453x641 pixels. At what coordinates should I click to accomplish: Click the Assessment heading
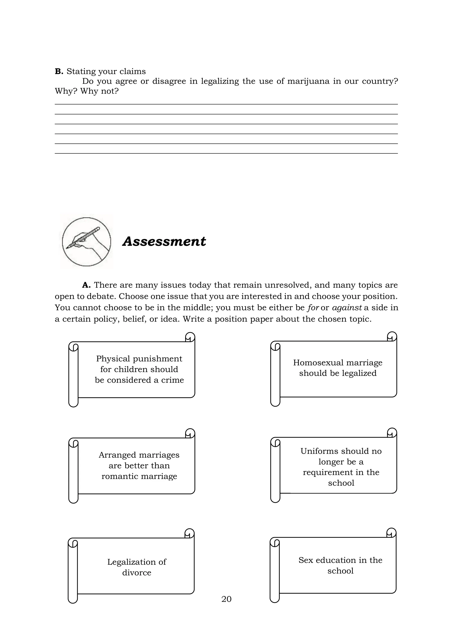(164, 241)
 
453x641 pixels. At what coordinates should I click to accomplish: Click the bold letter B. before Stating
(59, 71)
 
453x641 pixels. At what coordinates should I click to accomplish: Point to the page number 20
(226, 599)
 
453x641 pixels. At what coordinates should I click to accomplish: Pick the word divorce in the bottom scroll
(137, 573)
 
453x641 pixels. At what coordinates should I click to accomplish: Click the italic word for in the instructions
(313, 308)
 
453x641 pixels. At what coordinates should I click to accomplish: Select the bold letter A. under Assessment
(86, 285)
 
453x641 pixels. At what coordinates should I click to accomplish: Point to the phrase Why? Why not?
(86, 91)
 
